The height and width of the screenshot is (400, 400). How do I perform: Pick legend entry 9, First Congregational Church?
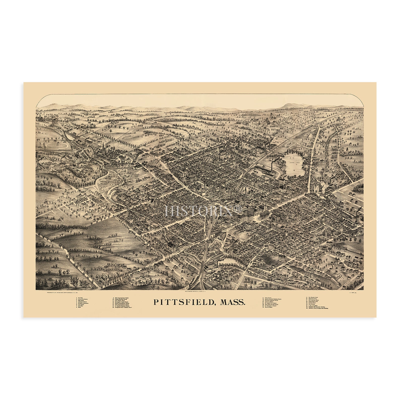(122, 298)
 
